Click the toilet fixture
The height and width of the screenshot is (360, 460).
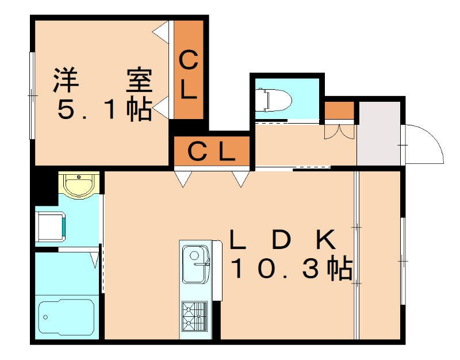coord(274,100)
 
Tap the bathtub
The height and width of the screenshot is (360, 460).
coord(67,316)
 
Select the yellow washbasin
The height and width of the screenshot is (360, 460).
coord(79,185)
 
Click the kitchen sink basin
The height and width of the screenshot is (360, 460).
coord(195,264)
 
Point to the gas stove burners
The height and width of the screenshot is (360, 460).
coord(194,316)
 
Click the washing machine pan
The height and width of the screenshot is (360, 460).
coord(50,227)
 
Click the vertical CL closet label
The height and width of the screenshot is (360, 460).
coord(188,75)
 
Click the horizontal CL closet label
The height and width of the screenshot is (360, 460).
coord(212,151)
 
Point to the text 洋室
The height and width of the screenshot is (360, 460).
coord(103,81)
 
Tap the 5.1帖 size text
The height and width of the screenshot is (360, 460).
coord(105,109)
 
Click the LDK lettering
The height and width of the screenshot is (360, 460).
coord(283,239)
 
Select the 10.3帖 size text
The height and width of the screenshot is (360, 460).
coord(292,267)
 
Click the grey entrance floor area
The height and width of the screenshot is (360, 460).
coord(379,134)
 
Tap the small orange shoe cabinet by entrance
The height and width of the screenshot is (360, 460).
coord(339,110)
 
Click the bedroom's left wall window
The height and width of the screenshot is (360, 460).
coord(32,95)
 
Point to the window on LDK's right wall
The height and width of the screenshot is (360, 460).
coord(403,261)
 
